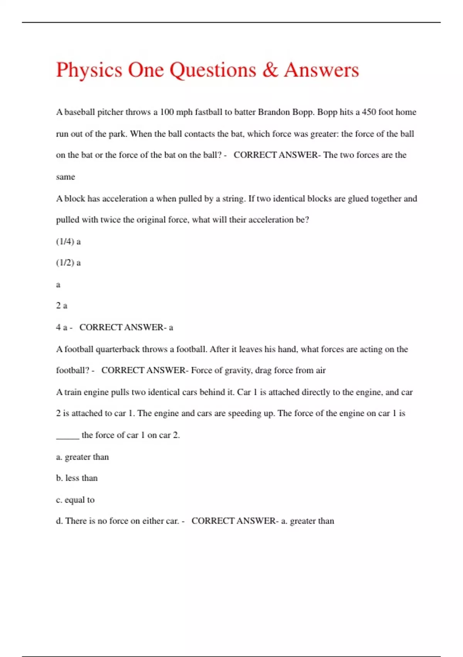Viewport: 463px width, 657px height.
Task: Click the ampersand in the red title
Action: [x=270, y=70]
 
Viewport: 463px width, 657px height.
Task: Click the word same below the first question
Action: [x=65, y=177]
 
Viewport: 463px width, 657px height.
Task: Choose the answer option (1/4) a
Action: [x=68, y=242]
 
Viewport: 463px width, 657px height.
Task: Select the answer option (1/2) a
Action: [x=68, y=263]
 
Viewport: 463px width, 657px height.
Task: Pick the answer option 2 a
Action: [x=62, y=306]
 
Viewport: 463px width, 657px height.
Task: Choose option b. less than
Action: [x=77, y=478]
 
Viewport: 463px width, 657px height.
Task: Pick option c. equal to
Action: [x=75, y=500]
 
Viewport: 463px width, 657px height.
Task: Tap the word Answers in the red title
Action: [x=321, y=70]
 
